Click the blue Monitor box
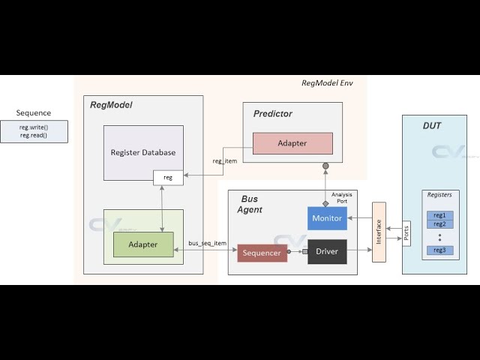[x=327, y=218]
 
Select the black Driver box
[x=327, y=252]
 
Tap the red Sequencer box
[x=262, y=253]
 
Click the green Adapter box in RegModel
[x=143, y=244]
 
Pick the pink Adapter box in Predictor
[x=292, y=143]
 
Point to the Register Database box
[x=142, y=152]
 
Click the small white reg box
[x=168, y=178]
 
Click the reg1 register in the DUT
[x=439, y=215]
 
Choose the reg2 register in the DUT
[x=439, y=223]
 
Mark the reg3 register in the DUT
[x=439, y=250]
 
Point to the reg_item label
[x=225, y=160]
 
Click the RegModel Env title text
[x=326, y=82]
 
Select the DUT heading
[x=432, y=125]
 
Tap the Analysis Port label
[x=342, y=198]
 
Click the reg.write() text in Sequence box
[x=34, y=127]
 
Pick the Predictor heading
[x=273, y=114]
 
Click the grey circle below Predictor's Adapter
[x=325, y=166]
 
